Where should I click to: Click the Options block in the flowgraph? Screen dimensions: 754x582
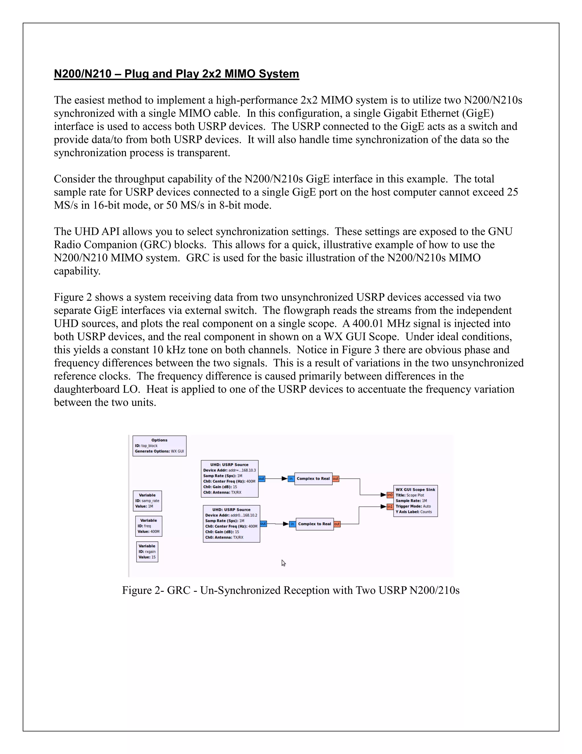(159, 446)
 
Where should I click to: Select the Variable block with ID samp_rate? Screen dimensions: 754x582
(147, 500)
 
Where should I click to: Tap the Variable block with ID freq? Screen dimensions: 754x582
(149, 526)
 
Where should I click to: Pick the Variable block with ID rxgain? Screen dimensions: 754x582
(147, 552)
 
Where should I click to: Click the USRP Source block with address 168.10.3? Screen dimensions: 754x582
(230, 479)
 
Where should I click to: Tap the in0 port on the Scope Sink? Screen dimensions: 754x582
(390, 495)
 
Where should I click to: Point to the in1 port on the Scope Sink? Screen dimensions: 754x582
(390, 507)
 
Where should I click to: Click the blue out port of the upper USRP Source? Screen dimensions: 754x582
(262, 479)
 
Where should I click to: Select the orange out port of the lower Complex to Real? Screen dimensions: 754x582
(337, 524)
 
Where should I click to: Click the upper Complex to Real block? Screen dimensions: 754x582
(313, 479)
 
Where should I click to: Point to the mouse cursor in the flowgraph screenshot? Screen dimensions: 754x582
(283, 563)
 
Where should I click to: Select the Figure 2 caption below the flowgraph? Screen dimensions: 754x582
(291, 590)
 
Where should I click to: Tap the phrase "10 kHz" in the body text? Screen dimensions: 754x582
(168, 350)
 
